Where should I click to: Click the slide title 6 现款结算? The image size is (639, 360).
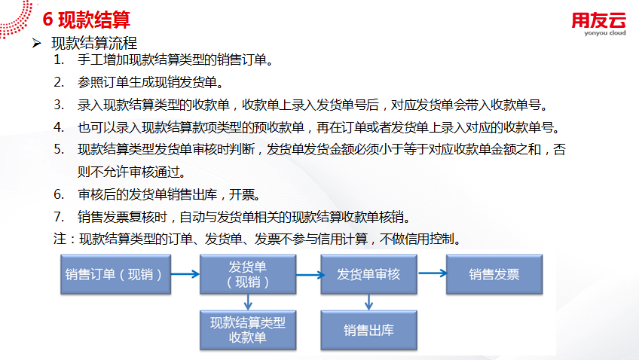click(x=87, y=19)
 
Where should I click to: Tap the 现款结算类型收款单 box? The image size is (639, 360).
click(x=248, y=330)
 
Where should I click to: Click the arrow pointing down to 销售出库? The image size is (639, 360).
click(x=368, y=302)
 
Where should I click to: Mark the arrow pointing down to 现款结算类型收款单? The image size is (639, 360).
click(x=248, y=302)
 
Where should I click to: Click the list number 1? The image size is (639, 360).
click(x=58, y=60)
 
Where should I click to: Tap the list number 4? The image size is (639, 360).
click(x=58, y=127)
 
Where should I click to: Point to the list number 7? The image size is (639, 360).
click(x=58, y=217)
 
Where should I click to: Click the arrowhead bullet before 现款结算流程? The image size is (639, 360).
click(x=35, y=43)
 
